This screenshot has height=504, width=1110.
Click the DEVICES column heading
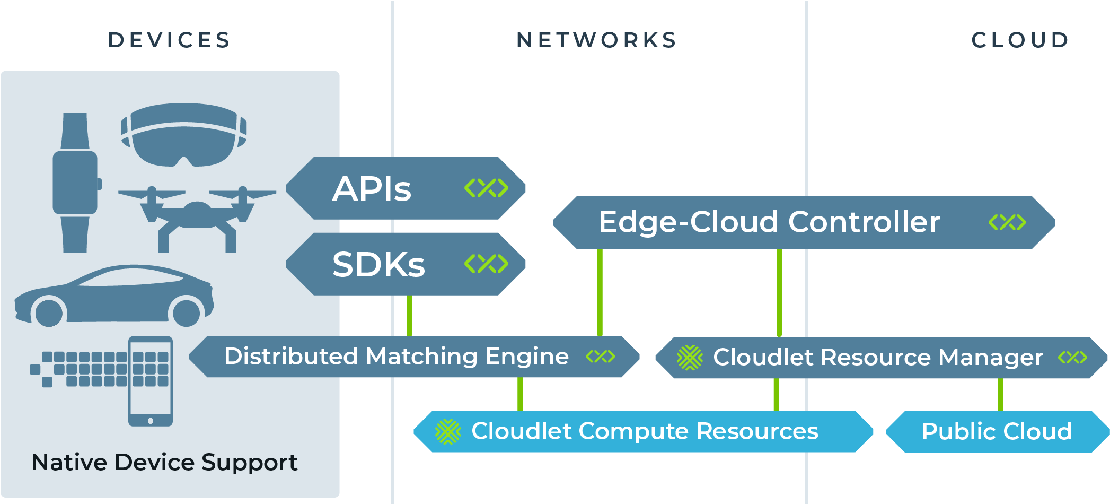[x=169, y=40]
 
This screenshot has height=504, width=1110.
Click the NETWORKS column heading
[x=597, y=40]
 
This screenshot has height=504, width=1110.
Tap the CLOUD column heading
[x=1020, y=40]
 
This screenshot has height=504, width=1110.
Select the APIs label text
[x=372, y=189]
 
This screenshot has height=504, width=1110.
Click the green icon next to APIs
[x=486, y=188]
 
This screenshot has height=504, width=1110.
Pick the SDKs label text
[x=378, y=264]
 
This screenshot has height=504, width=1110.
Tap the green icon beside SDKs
[x=486, y=264]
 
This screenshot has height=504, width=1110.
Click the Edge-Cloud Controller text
[x=769, y=222]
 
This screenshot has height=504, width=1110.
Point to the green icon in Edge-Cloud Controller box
[x=1007, y=222]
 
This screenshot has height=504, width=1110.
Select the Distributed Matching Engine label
[x=396, y=356]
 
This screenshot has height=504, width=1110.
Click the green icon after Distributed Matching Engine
[x=600, y=357]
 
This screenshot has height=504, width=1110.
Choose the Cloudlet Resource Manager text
[x=878, y=357]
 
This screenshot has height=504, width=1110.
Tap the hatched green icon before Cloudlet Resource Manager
[x=690, y=358]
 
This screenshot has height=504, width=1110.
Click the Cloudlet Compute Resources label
[x=645, y=431]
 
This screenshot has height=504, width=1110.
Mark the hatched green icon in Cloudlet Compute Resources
[x=448, y=431]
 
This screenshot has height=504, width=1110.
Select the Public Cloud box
[x=997, y=431]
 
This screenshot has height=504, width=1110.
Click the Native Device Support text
[x=164, y=462]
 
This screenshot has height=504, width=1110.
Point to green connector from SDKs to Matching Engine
[x=409, y=316]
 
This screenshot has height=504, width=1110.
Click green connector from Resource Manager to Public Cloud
[x=1000, y=394]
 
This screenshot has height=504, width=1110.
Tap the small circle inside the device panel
[x=49, y=313]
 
